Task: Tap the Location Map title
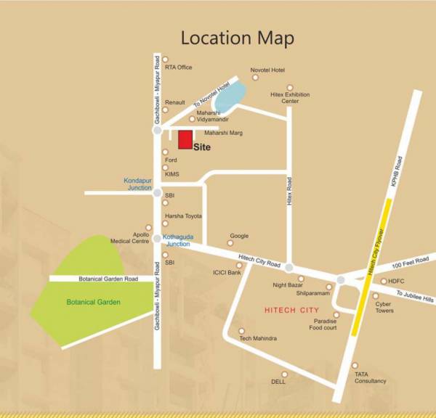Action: [x=237, y=38]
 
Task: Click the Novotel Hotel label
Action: [x=267, y=70]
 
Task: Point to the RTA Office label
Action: [x=178, y=67]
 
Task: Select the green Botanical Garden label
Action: [x=93, y=302]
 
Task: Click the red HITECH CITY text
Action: [x=290, y=310]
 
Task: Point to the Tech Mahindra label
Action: [x=258, y=338]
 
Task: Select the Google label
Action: [x=239, y=236]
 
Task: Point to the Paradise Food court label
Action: [x=323, y=324]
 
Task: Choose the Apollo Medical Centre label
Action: [x=131, y=238]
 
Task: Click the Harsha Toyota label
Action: [x=183, y=216]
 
